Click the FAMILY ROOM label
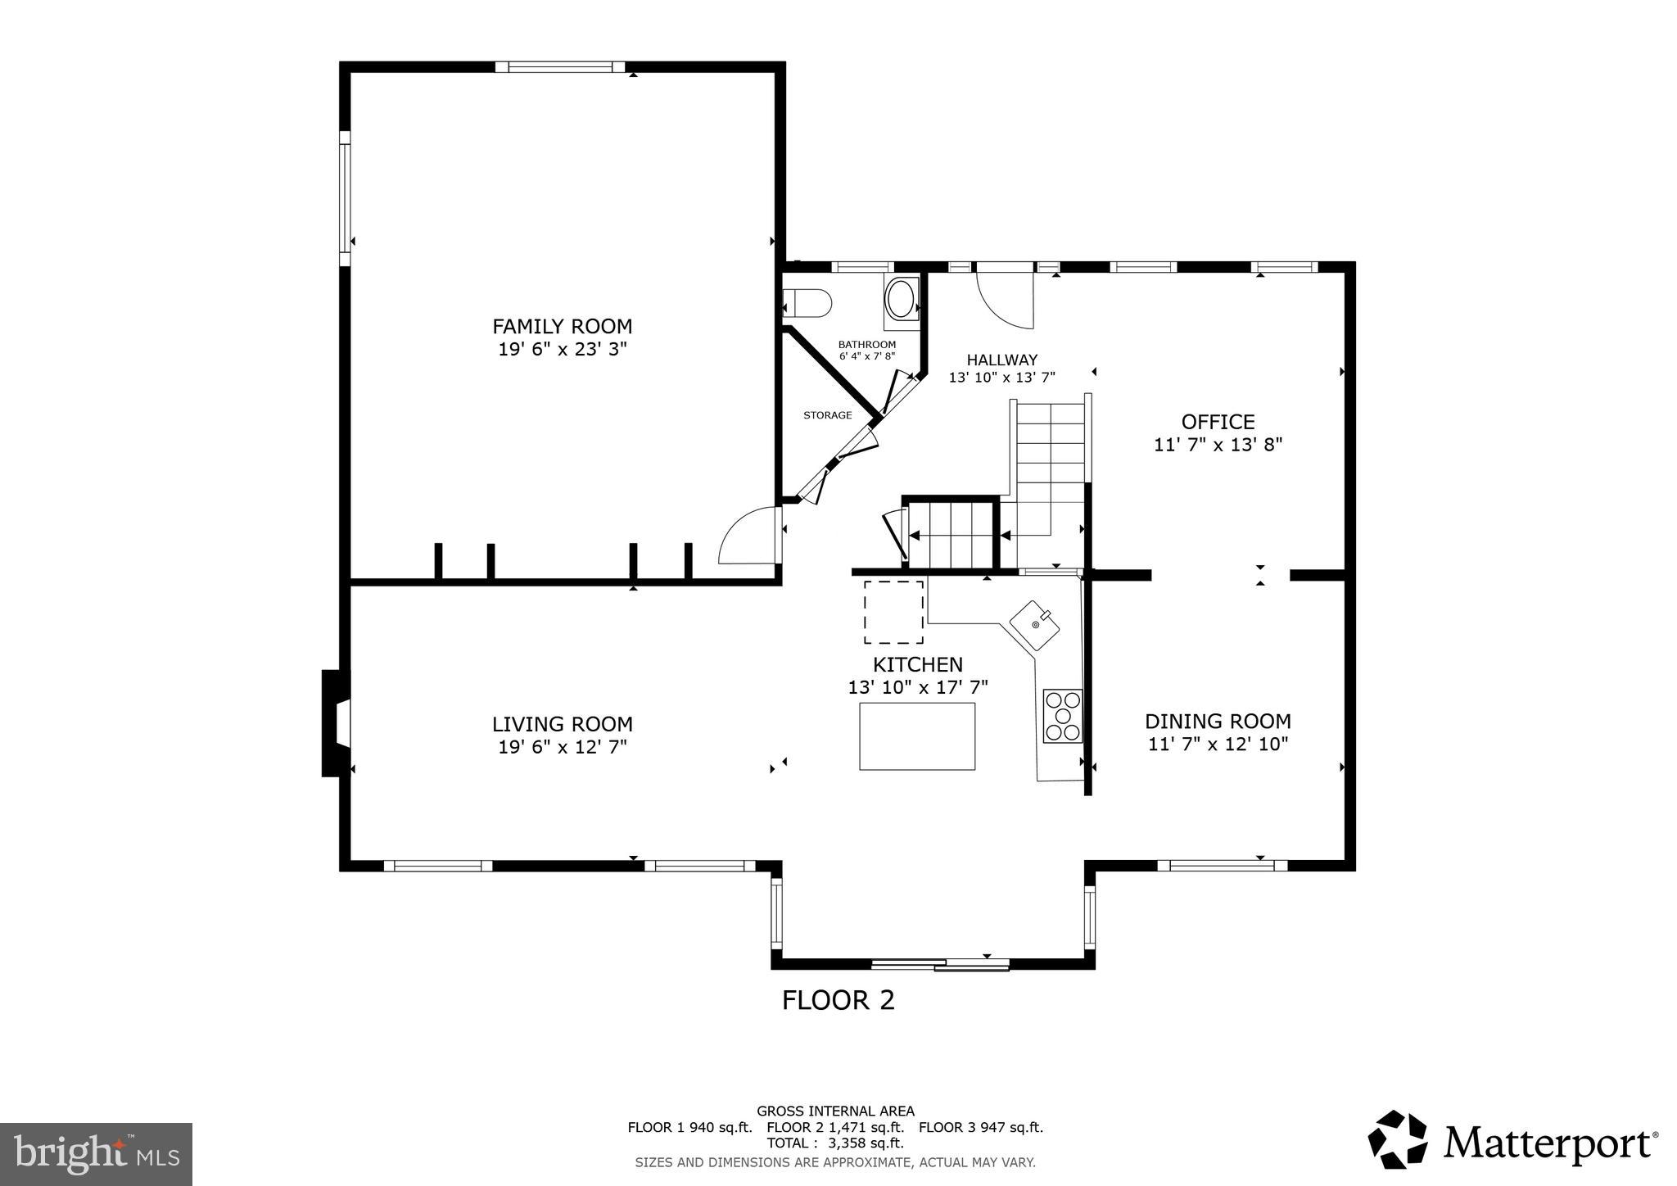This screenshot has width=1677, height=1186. tap(562, 326)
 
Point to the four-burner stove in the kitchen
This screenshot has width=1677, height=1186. tap(1062, 717)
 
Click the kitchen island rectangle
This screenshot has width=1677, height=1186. tap(916, 736)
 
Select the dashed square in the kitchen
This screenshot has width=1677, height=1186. tap(893, 612)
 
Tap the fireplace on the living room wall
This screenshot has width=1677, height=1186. tap(336, 722)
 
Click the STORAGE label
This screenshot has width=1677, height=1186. tap(827, 415)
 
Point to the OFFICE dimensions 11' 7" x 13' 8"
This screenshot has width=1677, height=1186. tap(1218, 445)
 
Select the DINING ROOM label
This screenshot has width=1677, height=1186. tap(1218, 722)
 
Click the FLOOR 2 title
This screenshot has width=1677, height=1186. tap(838, 1000)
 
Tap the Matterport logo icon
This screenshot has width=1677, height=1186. tap(1397, 1139)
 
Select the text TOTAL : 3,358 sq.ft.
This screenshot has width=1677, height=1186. tap(834, 1143)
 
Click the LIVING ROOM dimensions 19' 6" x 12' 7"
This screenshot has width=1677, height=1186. tap(562, 747)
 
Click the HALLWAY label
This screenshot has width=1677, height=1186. tap(1001, 360)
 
